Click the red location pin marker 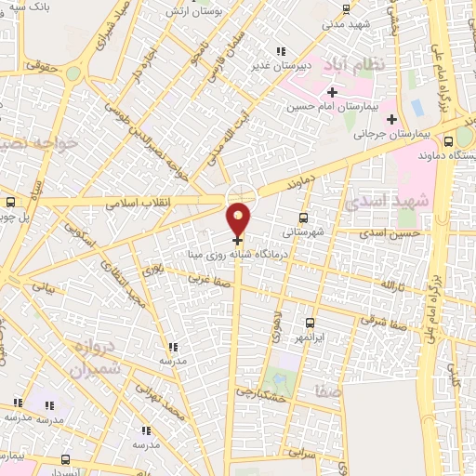point(239,218)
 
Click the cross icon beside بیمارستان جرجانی point(391,119)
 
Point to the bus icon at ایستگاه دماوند point(449,142)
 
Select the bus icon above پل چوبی point(10,202)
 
